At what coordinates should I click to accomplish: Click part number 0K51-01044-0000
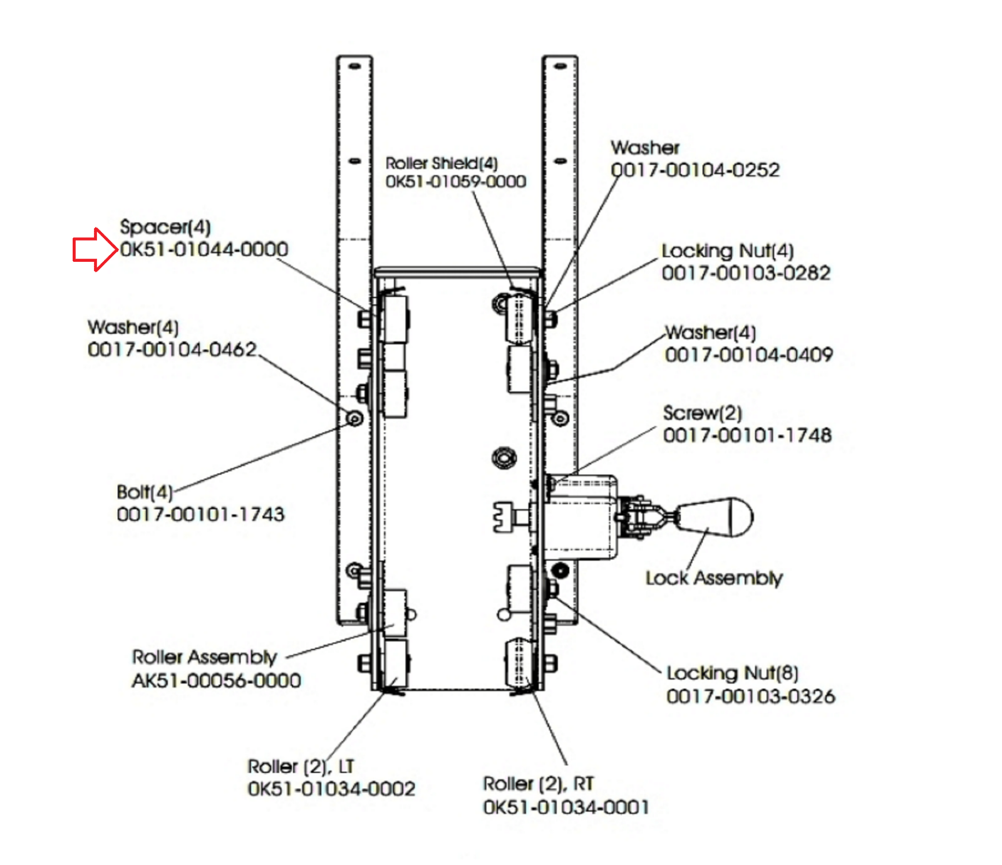[204, 249]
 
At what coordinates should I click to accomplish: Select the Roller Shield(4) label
[442, 163]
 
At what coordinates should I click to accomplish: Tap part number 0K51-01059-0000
[455, 182]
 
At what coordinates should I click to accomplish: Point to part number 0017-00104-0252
[695, 170]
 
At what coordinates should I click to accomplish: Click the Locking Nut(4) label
[728, 251]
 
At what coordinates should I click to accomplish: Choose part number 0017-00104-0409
[749, 355]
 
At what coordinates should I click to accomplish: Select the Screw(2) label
[703, 413]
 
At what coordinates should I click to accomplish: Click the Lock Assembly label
[714, 578]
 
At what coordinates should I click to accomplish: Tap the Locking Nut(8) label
[732, 673]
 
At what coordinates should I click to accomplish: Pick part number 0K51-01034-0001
[566, 807]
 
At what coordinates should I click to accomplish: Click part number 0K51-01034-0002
[331, 789]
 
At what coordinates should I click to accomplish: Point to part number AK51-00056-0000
[216, 680]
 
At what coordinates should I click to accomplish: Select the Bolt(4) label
[145, 492]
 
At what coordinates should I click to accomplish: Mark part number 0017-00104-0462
[172, 349]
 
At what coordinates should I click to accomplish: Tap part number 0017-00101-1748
[748, 435]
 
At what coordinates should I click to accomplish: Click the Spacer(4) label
[165, 227]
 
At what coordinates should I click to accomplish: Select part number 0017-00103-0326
[751, 696]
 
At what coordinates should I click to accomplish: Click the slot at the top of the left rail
[354, 66]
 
